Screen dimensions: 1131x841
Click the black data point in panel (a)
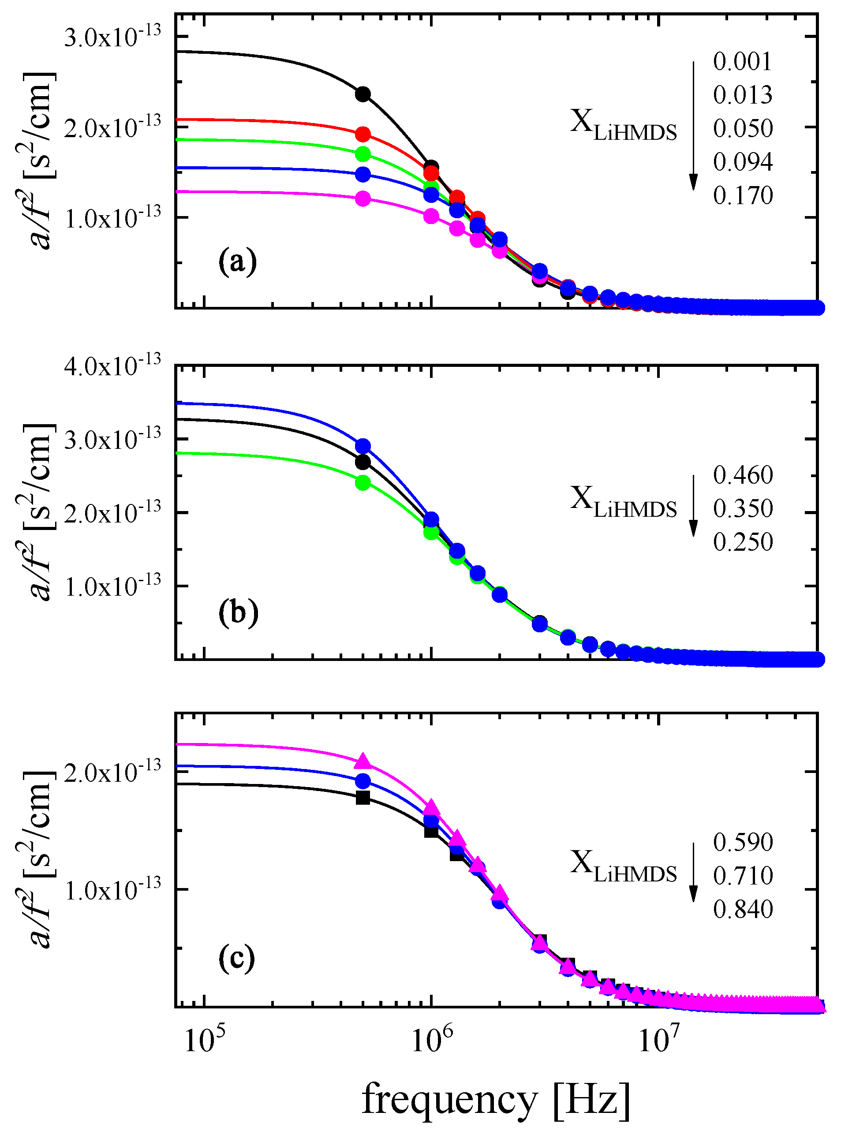(x=363, y=94)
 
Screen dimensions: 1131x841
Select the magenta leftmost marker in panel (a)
(x=363, y=198)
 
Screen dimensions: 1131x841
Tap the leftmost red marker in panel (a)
(x=363, y=134)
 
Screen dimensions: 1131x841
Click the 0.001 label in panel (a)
(x=742, y=62)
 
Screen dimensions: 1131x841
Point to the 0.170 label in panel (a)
(x=742, y=195)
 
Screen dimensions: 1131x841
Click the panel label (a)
(x=237, y=263)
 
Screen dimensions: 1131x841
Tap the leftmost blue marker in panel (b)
(x=363, y=446)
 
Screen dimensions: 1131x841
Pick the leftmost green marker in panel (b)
(x=363, y=482)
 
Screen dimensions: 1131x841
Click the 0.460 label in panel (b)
(x=742, y=475)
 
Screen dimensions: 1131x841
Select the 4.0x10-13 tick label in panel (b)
(x=112, y=366)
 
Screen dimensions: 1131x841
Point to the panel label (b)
(x=238, y=613)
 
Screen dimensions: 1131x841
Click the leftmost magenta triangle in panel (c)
(x=363, y=761)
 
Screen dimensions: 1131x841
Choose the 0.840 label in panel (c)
(x=742, y=909)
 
